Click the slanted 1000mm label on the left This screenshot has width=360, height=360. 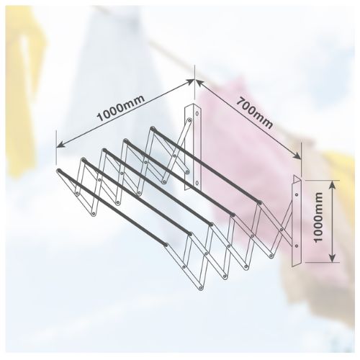point(121,108)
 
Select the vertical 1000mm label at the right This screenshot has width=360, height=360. point(318,217)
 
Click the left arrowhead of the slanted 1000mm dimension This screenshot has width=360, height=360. point(60,144)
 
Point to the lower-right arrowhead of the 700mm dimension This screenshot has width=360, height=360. point(297,156)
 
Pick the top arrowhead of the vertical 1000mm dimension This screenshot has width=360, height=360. point(332,184)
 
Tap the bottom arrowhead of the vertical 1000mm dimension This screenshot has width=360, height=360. point(332,258)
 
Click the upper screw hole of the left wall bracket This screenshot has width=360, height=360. point(197,113)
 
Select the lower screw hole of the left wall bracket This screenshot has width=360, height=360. point(197,183)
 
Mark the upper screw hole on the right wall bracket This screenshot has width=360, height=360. point(297,194)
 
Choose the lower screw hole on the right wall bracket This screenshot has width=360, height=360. point(297,246)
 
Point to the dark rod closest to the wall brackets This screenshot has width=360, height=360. point(206,166)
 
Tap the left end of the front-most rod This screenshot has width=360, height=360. point(59,171)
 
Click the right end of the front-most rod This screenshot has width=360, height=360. point(166,245)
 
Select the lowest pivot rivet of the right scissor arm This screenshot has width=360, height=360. point(201,287)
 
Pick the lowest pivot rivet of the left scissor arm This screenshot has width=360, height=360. point(94,214)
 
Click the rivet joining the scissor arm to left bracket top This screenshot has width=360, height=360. point(189,120)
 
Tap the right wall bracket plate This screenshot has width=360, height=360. point(297,220)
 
